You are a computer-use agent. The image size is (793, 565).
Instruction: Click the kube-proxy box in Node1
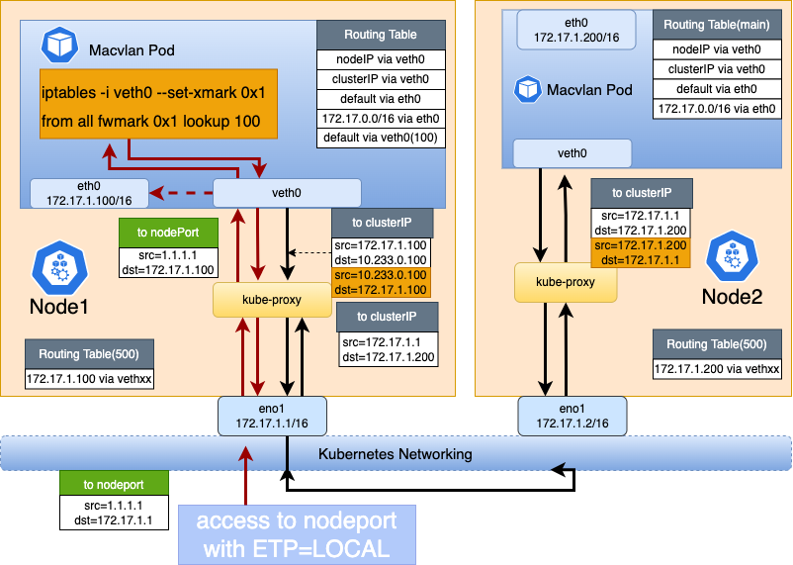click(272, 300)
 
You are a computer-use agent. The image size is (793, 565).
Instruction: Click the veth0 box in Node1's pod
click(287, 192)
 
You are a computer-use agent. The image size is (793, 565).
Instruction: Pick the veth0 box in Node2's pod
click(573, 153)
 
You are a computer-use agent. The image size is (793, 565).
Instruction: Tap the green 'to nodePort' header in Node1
click(161, 234)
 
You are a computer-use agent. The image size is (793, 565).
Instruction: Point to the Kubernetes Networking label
click(395, 453)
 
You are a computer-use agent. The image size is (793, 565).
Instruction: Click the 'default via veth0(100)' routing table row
click(382, 138)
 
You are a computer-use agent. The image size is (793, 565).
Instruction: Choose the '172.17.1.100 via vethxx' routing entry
click(89, 378)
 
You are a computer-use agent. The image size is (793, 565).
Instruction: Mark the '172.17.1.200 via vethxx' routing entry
click(717, 369)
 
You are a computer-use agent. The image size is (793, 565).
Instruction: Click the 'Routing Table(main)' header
click(716, 25)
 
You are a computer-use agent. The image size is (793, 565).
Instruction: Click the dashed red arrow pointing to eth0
click(182, 193)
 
